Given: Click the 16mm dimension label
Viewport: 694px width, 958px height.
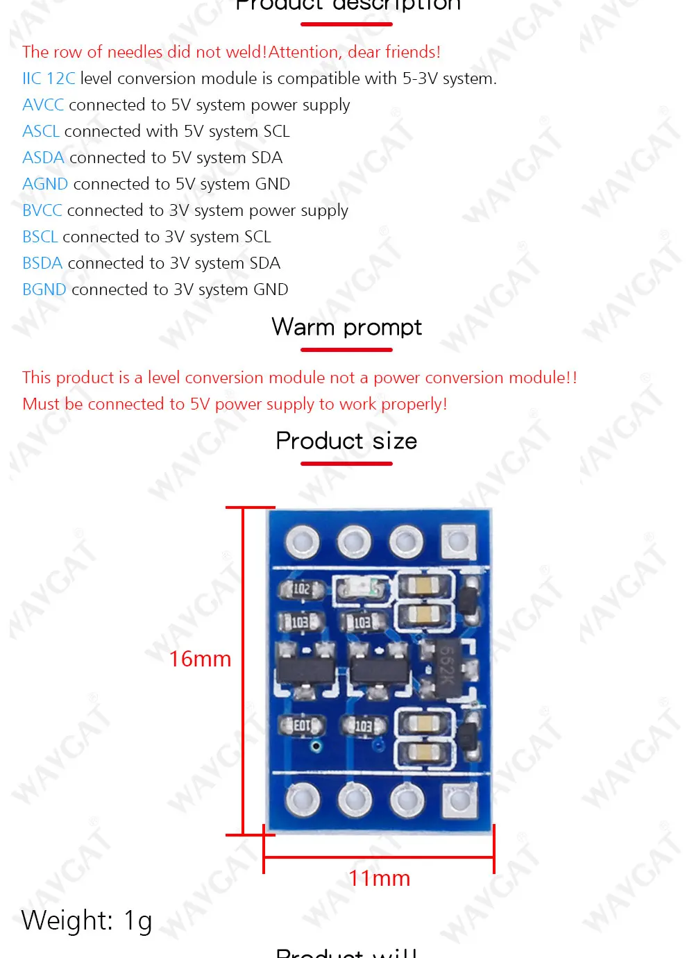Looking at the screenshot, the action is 200,659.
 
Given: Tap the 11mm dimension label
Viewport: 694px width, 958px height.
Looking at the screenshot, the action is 379,878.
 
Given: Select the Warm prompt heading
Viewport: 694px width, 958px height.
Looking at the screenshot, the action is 346,326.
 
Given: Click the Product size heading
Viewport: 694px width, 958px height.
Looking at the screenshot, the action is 346,441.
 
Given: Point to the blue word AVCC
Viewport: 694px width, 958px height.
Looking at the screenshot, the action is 43,105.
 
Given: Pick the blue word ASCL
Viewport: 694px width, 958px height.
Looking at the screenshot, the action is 41,131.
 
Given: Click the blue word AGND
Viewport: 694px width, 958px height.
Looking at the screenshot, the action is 45,184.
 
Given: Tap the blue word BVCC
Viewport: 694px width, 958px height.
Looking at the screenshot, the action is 42,210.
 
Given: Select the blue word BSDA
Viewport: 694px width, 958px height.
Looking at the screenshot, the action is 42,263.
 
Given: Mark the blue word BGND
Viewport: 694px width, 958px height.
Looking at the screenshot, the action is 44,289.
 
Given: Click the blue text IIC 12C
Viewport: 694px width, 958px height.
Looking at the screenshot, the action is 49,78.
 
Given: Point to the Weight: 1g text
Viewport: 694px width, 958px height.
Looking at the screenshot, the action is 87,921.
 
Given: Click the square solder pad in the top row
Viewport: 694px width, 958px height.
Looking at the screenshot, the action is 458,541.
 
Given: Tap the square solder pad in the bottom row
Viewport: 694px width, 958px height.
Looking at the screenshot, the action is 458,800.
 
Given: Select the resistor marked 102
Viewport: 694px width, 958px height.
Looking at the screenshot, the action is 301,589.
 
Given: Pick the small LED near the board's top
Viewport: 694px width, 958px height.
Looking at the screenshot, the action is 360,589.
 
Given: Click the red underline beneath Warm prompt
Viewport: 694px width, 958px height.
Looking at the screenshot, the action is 346,349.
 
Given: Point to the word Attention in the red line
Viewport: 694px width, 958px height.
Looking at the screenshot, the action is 303,52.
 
